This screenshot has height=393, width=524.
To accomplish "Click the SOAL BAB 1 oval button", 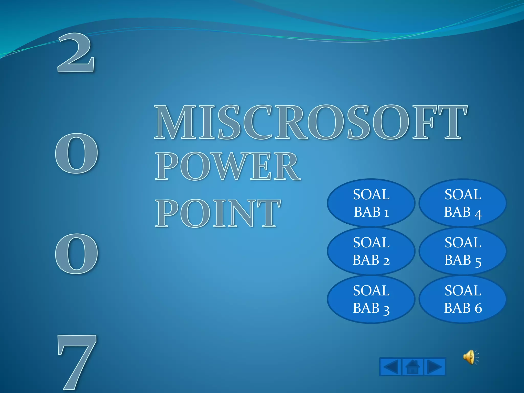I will point(371,203).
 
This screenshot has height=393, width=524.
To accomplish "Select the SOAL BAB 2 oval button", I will point(371,251).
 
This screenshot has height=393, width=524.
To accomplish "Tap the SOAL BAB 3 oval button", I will point(371,299).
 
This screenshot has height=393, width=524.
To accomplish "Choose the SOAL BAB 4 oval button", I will point(463,203).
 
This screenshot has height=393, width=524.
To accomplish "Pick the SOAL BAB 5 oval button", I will point(463,251).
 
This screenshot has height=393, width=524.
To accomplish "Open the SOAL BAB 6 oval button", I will point(463,299).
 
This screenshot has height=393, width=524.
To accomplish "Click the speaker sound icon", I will point(470,357).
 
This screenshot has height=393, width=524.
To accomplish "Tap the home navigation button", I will point(412,367).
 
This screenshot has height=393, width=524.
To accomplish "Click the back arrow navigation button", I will point(391,367).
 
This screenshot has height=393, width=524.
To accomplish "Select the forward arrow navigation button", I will point(434,367).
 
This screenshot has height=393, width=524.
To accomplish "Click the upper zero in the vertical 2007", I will point(77,154).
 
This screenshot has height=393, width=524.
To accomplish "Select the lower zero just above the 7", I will point(77,254).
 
